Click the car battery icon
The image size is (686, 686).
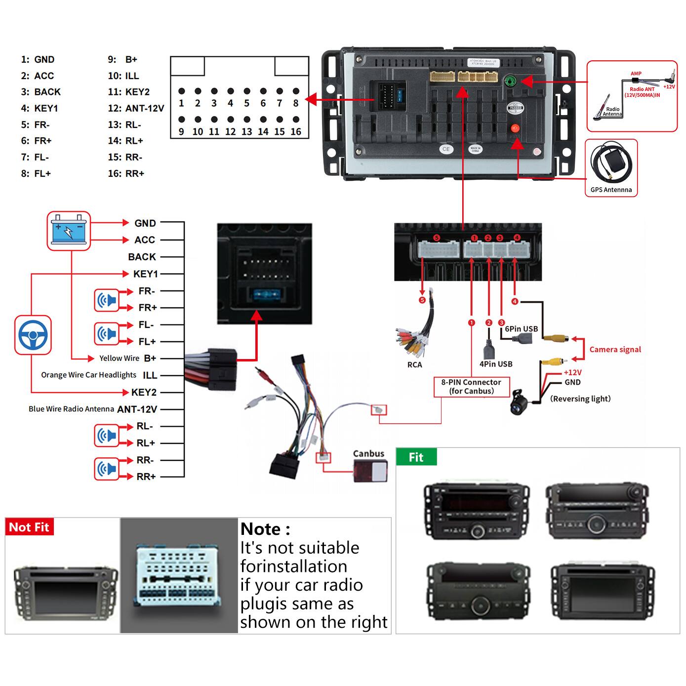[x=69, y=230]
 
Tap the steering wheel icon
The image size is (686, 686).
[x=33, y=335]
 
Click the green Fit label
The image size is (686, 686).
[x=416, y=457]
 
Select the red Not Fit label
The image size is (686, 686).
[x=29, y=527]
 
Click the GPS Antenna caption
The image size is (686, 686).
[x=611, y=190]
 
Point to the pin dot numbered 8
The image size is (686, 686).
[x=296, y=91]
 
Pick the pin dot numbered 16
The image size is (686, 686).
[x=296, y=120]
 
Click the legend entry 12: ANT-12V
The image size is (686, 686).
[x=136, y=108]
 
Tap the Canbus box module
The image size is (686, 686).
[x=370, y=470]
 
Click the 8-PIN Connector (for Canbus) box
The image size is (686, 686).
[x=471, y=386]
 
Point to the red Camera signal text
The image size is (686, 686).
[x=615, y=350]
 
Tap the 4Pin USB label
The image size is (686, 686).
[x=496, y=364]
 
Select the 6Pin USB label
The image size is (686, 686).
[x=521, y=329]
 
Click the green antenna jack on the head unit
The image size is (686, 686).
[x=511, y=81]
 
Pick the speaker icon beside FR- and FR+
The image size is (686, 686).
[x=107, y=300]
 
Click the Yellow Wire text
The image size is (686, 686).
[x=119, y=359]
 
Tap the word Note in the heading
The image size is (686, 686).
[x=260, y=529]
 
